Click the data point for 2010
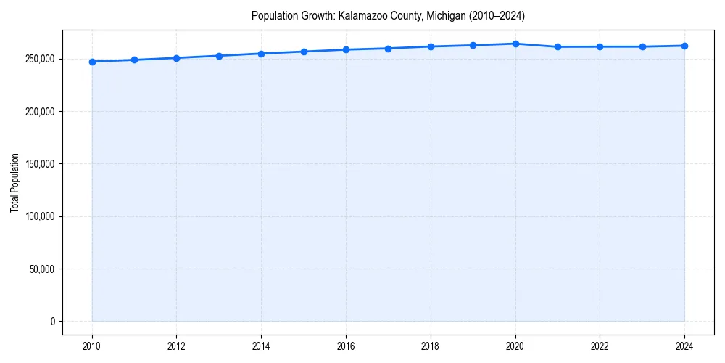point(92,62)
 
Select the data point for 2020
point(515,44)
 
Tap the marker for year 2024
point(684,46)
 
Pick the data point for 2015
point(304,52)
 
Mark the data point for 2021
point(558,46)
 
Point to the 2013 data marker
point(219,56)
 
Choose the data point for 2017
point(389,49)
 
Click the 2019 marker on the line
point(473,45)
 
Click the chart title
point(388,15)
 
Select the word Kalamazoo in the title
point(363,15)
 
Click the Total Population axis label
point(14,182)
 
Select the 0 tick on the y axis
point(53,322)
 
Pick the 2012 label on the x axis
point(177,346)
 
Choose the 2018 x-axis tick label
point(431,346)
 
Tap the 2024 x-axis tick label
point(684,346)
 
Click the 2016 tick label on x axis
point(346,346)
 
